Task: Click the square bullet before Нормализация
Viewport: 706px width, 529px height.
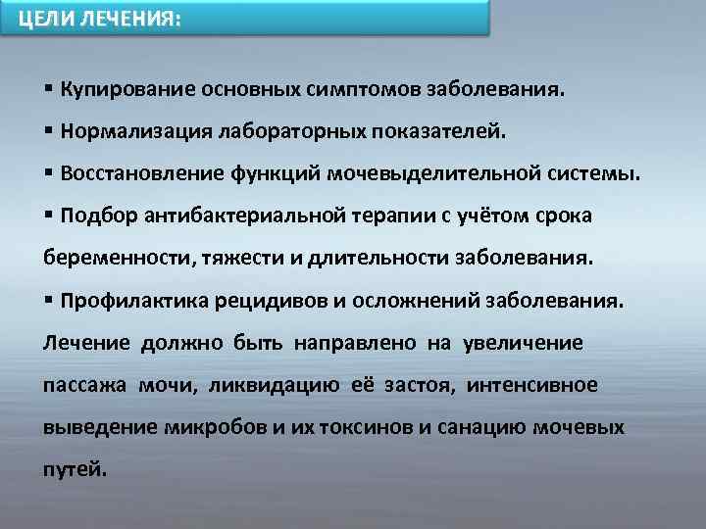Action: [x=49, y=131]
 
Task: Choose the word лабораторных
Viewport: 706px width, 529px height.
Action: [x=297, y=131]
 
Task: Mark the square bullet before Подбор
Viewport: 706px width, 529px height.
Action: [x=49, y=216]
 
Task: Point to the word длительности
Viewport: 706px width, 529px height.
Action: [x=387, y=258]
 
